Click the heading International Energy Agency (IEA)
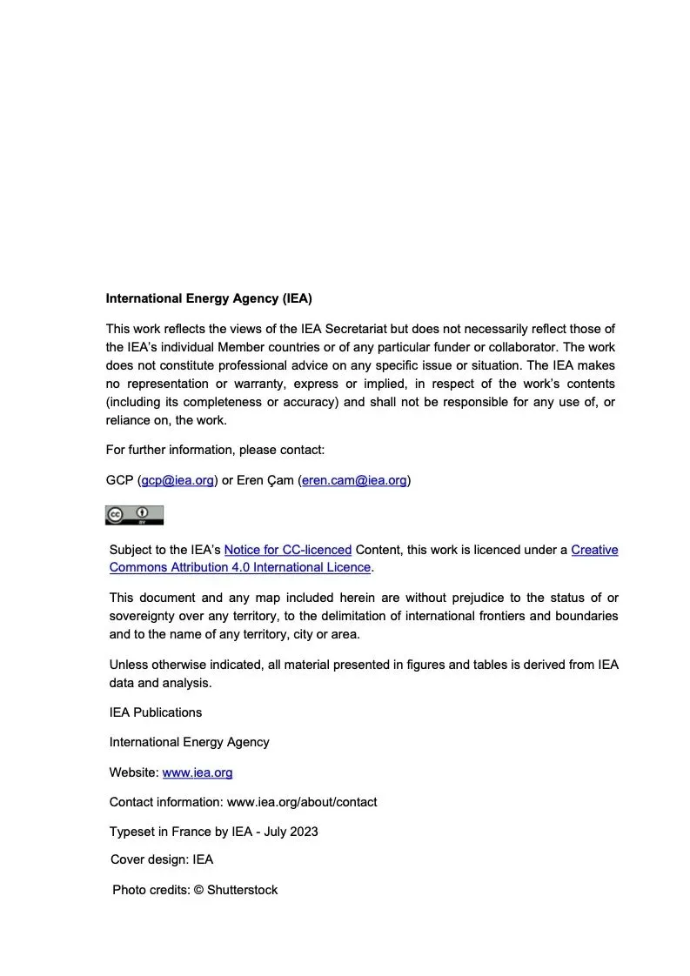click(209, 298)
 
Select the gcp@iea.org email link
click(178, 480)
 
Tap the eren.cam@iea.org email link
click(354, 480)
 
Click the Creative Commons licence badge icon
click(135, 515)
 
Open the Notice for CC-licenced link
click(288, 550)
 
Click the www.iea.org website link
click(198, 772)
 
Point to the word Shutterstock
click(243, 890)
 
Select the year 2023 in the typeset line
click(303, 832)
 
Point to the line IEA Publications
click(156, 712)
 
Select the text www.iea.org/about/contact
click(302, 802)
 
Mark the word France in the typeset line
click(191, 832)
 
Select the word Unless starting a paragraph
click(129, 665)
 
